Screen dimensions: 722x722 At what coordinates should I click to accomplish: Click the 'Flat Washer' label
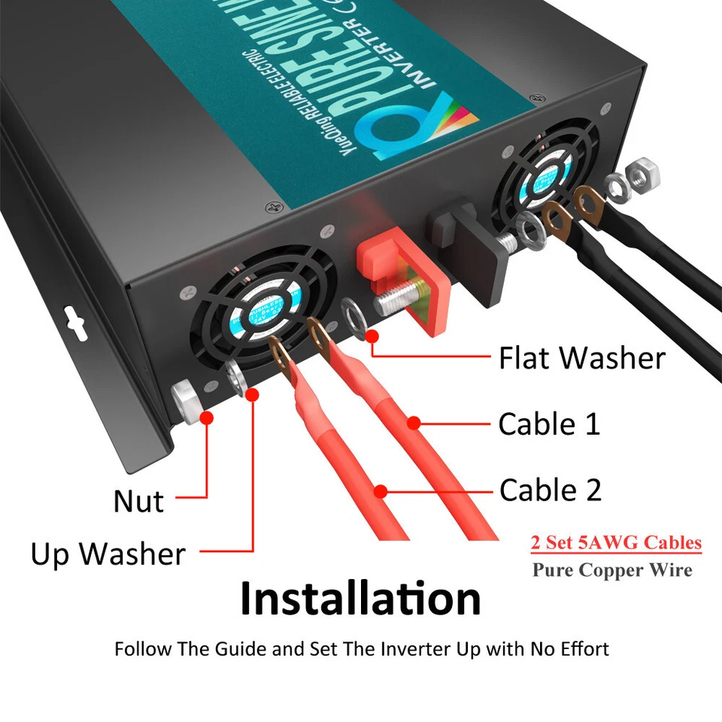[582, 358]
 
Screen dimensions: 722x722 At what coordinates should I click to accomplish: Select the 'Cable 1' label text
[549, 424]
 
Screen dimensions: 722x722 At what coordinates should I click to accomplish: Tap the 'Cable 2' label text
[551, 490]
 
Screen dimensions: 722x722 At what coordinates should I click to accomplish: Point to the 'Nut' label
[138, 501]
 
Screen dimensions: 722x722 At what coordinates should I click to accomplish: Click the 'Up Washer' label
[108, 554]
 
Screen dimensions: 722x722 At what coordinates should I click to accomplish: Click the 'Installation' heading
[360, 599]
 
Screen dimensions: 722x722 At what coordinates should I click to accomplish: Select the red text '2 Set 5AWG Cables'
[616, 542]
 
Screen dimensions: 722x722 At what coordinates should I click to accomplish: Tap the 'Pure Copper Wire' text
[612, 569]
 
